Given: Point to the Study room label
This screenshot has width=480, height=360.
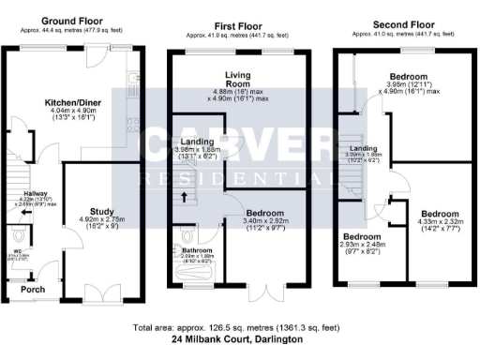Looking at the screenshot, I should point(102,212).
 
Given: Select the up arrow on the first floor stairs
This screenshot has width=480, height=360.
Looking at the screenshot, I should point(184,198).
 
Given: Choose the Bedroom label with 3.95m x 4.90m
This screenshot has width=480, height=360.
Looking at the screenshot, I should point(408,76).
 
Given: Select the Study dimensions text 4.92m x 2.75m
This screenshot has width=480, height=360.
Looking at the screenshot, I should point(103,222).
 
